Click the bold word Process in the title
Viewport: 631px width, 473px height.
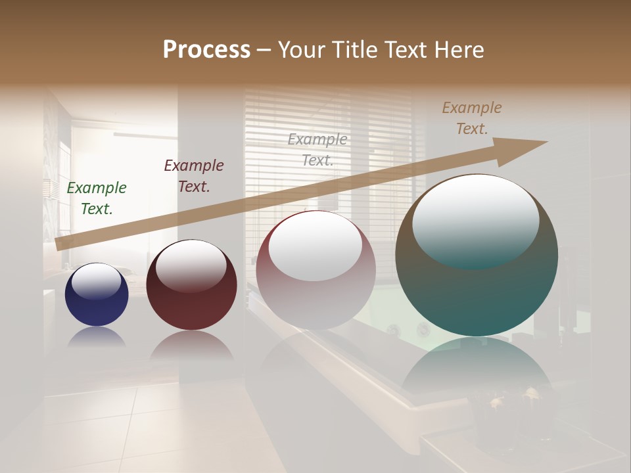pyautogui.click(x=206, y=50)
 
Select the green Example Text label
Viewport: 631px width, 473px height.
pyautogui.click(x=97, y=198)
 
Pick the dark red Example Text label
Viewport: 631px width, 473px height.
pyautogui.click(x=194, y=176)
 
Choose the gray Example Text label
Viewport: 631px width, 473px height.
pyautogui.click(x=317, y=149)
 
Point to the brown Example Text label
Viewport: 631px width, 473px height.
pyautogui.click(x=472, y=118)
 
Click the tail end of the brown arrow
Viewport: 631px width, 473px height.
pyautogui.click(x=60, y=244)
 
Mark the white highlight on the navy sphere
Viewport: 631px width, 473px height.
pyautogui.click(x=96, y=281)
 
